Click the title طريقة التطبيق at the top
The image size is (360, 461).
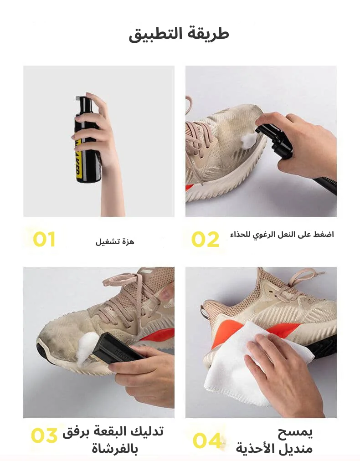(179, 34)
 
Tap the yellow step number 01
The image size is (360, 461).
(44, 239)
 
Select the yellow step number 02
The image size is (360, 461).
(205, 239)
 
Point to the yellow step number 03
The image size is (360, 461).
(44, 435)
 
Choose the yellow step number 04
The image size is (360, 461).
(207, 441)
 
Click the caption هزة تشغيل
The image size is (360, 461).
(115, 241)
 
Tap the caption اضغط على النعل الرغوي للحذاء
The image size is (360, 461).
(282, 235)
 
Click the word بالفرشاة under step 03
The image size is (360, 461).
(114, 449)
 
